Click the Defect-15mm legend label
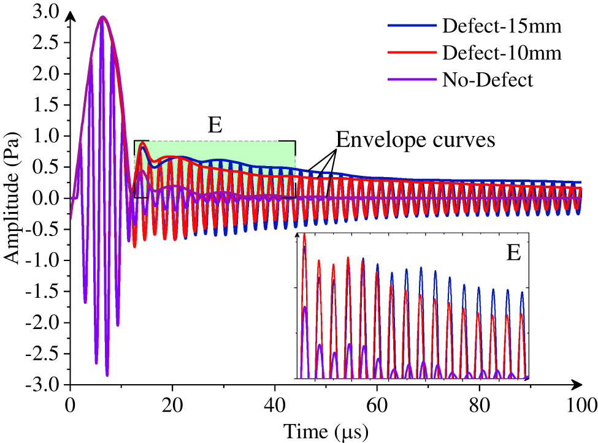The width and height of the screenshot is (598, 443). coord(501,26)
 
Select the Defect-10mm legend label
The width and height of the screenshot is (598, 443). coord(501,53)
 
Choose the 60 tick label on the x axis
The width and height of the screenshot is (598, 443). coord(377,405)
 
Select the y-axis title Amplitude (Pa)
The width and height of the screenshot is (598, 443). coord(13,198)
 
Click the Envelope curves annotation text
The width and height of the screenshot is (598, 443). coord(415,140)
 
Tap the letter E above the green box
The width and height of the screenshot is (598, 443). coord(215,125)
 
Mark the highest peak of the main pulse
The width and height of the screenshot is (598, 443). coord(102,17)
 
